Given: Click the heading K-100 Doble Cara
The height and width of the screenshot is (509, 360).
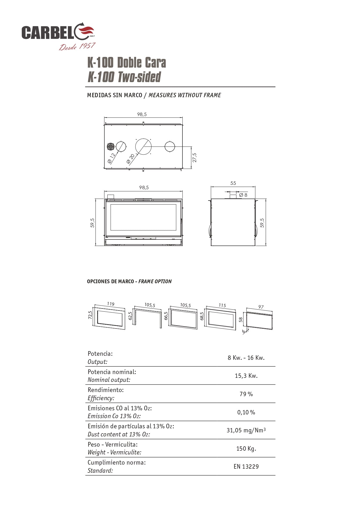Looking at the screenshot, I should pyautogui.click(x=126, y=63).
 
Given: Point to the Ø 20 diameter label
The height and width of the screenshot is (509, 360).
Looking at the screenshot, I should pyautogui.click(x=131, y=158).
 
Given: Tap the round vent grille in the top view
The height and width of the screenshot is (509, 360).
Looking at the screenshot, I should pyautogui.click(x=111, y=147).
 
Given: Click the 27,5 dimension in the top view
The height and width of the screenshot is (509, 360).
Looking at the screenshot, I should pyautogui.click(x=195, y=158).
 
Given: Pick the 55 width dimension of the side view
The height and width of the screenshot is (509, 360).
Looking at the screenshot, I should pyautogui.click(x=233, y=183).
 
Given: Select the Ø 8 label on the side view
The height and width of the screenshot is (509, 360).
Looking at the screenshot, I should pyautogui.click(x=243, y=195).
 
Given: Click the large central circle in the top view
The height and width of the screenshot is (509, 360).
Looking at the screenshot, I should pyautogui.click(x=143, y=146).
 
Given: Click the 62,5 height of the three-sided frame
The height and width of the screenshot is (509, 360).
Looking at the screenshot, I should pyautogui.click(x=130, y=316).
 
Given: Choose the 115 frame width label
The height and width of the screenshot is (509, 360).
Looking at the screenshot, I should pyautogui.click(x=222, y=305).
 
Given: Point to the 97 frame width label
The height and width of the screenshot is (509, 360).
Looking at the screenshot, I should pyautogui.click(x=261, y=307).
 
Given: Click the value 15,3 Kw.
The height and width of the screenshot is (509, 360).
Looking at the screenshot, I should pyautogui.click(x=246, y=376).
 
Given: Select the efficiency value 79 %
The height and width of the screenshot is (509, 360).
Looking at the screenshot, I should pyautogui.click(x=246, y=394).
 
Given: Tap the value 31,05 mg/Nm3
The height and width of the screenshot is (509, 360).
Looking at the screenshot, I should pyautogui.click(x=246, y=430).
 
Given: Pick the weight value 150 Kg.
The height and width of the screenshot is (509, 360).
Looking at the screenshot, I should pyautogui.click(x=246, y=449).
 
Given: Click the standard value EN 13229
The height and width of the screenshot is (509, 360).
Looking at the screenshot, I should pyautogui.click(x=246, y=467).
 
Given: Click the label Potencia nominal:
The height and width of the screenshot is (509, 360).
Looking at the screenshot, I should pyautogui.click(x=112, y=372).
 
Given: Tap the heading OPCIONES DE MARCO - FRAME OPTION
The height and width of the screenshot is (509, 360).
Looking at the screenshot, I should pyautogui.click(x=129, y=281).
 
